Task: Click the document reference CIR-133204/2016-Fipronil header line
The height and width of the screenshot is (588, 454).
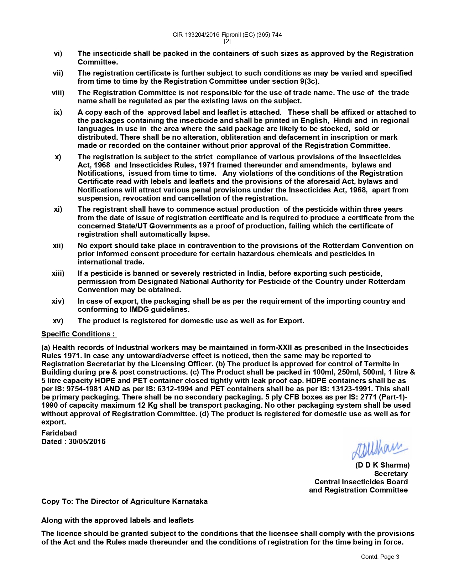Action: [227, 35]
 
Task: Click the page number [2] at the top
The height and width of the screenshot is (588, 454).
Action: [227, 41]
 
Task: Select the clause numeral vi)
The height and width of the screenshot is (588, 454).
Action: [58, 53]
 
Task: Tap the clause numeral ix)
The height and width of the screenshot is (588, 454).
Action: [58, 112]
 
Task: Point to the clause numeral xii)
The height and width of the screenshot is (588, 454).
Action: [58, 246]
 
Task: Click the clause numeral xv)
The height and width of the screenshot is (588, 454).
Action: [58, 321]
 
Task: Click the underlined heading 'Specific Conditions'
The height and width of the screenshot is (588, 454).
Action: [78, 334]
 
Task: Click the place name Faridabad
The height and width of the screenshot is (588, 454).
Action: [59, 433]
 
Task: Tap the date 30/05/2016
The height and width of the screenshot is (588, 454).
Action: [87, 442]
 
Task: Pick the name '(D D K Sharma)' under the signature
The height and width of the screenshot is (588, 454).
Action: [382, 465]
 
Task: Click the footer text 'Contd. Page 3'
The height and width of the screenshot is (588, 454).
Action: [380, 557]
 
